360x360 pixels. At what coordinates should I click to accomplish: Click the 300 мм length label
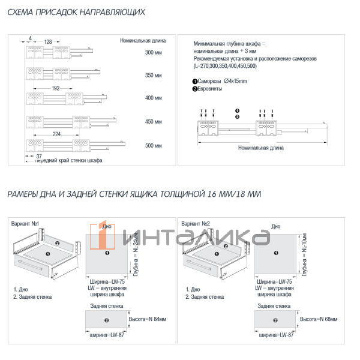[154, 53]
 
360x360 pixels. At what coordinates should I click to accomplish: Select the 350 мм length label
[154, 76]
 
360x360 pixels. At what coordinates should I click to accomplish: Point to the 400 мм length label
[154, 98]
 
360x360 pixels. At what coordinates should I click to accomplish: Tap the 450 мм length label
[154, 122]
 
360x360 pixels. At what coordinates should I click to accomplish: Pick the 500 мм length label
[154, 145]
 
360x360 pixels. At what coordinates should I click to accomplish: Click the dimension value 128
[48, 41]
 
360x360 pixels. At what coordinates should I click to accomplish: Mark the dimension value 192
[56, 88]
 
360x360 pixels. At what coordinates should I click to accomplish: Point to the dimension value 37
[30, 155]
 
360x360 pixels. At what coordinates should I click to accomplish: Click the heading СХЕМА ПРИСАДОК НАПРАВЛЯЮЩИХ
[76, 12]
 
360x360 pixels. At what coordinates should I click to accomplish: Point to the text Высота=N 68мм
[318, 319]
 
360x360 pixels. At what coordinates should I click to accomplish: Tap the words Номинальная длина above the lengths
[143, 41]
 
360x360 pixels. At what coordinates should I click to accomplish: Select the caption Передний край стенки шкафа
[68, 161]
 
